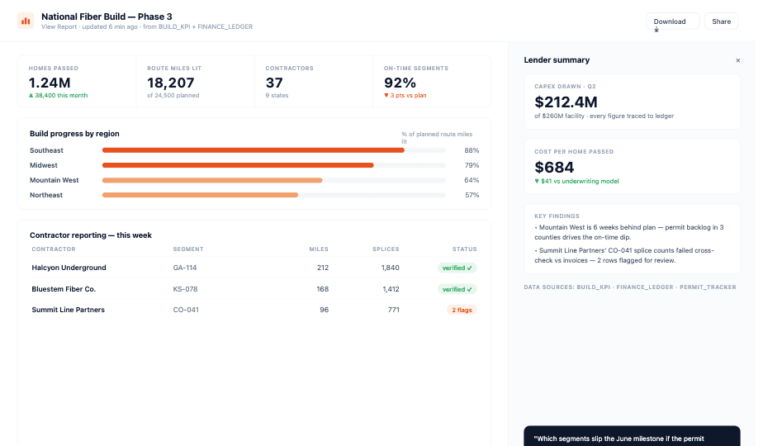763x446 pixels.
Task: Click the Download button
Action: (x=672, y=21)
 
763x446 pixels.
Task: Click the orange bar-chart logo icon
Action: (x=26, y=21)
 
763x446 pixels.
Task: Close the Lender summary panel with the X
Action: (x=737, y=60)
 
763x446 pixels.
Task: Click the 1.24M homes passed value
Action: (x=50, y=83)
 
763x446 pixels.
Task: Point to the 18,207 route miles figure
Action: (x=171, y=83)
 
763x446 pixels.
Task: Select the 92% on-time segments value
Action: (x=400, y=83)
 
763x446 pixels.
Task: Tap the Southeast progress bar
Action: (x=253, y=150)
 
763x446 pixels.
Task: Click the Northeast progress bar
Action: (x=200, y=195)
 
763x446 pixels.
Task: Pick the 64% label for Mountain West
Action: (x=472, y=180)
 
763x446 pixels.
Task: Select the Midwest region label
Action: (x=44, y=165)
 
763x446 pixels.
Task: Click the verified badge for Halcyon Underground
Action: (x=457, y=268)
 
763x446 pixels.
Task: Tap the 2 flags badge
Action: (x=462, y=311)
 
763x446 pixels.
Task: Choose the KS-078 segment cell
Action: (x=186, y=289)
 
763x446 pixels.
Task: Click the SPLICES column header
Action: (x=386, y=249)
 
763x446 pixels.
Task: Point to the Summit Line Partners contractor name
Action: (x=68, y=310)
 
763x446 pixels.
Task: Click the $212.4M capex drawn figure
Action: (x=566, y=102)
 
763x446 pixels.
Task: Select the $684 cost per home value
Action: (x=554, y=168)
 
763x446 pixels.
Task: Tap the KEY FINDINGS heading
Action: (x=557, y=216)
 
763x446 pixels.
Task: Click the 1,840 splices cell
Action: (x=391, y=268)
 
